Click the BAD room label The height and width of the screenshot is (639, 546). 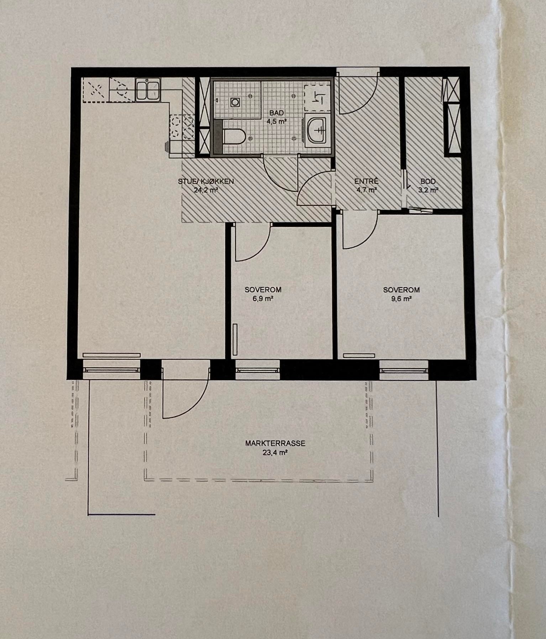[x=277, y=113]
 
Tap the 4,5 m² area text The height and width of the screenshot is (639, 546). [x=277, y=121]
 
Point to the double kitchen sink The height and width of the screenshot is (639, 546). [x=148, y=90]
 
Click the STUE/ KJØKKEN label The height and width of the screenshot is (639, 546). [x=206, y=182]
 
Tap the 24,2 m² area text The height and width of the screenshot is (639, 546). [x=206, y=190]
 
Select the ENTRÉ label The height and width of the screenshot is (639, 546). [x=366, y=182]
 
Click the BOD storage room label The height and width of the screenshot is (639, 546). [x=427, y=182]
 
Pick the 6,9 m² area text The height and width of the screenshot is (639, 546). [x=263, y=299]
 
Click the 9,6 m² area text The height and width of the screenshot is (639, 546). [x=401, y=299]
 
